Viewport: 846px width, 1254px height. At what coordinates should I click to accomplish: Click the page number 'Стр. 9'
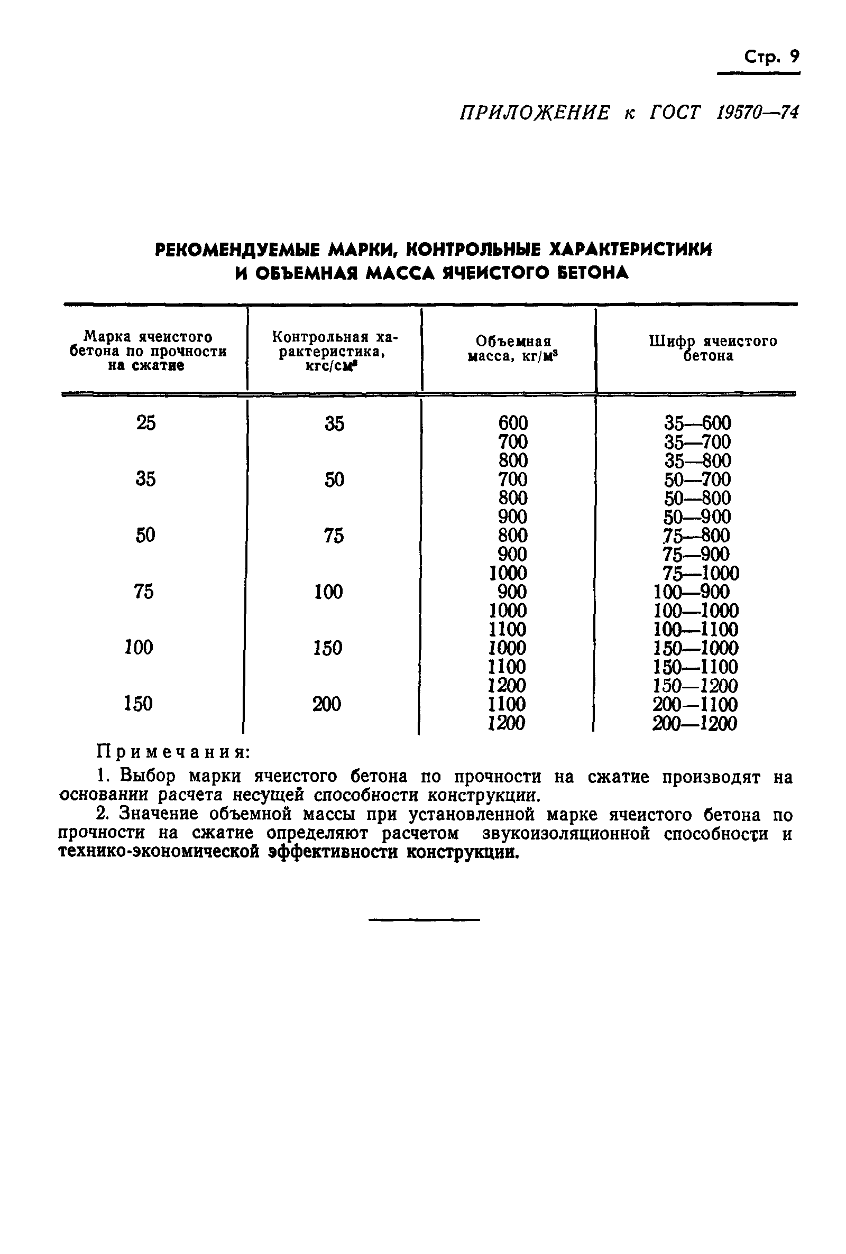[x=771, y=57]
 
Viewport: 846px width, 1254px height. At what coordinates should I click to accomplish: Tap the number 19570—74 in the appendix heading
[x=758, y=113]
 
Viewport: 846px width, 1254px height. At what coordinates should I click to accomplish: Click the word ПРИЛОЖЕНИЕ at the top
[x=535, y=113]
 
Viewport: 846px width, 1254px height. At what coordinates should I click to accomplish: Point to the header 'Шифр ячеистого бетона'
[x=712, y=348]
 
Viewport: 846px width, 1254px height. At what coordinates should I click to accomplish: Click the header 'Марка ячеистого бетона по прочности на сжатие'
[x=148, y=351]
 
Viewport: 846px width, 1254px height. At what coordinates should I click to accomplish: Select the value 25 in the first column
[x=146, y=423]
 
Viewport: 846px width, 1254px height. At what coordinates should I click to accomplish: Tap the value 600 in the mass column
[x=512, y=422]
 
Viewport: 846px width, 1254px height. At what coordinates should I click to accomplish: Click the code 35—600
[x=697, y=422]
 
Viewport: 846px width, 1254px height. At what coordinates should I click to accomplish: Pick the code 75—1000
[x=700, y=573]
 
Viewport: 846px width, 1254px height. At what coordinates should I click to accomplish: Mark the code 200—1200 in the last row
[x=694, y=723]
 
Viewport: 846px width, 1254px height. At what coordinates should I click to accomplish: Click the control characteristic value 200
[x=326, y=704]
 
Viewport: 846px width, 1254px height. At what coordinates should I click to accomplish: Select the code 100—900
[x=691, y=592]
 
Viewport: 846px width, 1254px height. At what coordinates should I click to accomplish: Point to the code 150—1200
[x=695, y=686]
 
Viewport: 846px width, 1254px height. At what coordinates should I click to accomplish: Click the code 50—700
[x=697, y=479]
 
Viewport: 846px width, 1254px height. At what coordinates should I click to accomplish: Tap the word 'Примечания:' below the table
[x=173, y=751]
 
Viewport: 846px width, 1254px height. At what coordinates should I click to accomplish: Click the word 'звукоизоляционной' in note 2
[x=565, y=833]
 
